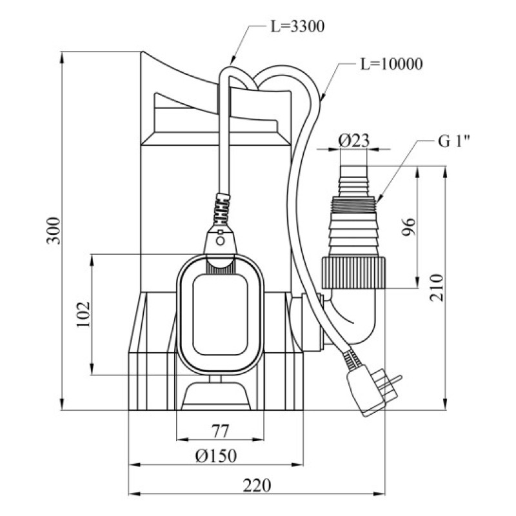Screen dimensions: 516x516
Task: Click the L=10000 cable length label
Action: tap(391, 64)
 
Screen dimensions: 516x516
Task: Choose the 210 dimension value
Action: tap(437, 287)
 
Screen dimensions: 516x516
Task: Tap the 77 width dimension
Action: tap(221, 431)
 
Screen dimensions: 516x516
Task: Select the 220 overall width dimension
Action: tap(257, 484)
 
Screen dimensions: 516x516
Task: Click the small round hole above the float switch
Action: tap(221, 241)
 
